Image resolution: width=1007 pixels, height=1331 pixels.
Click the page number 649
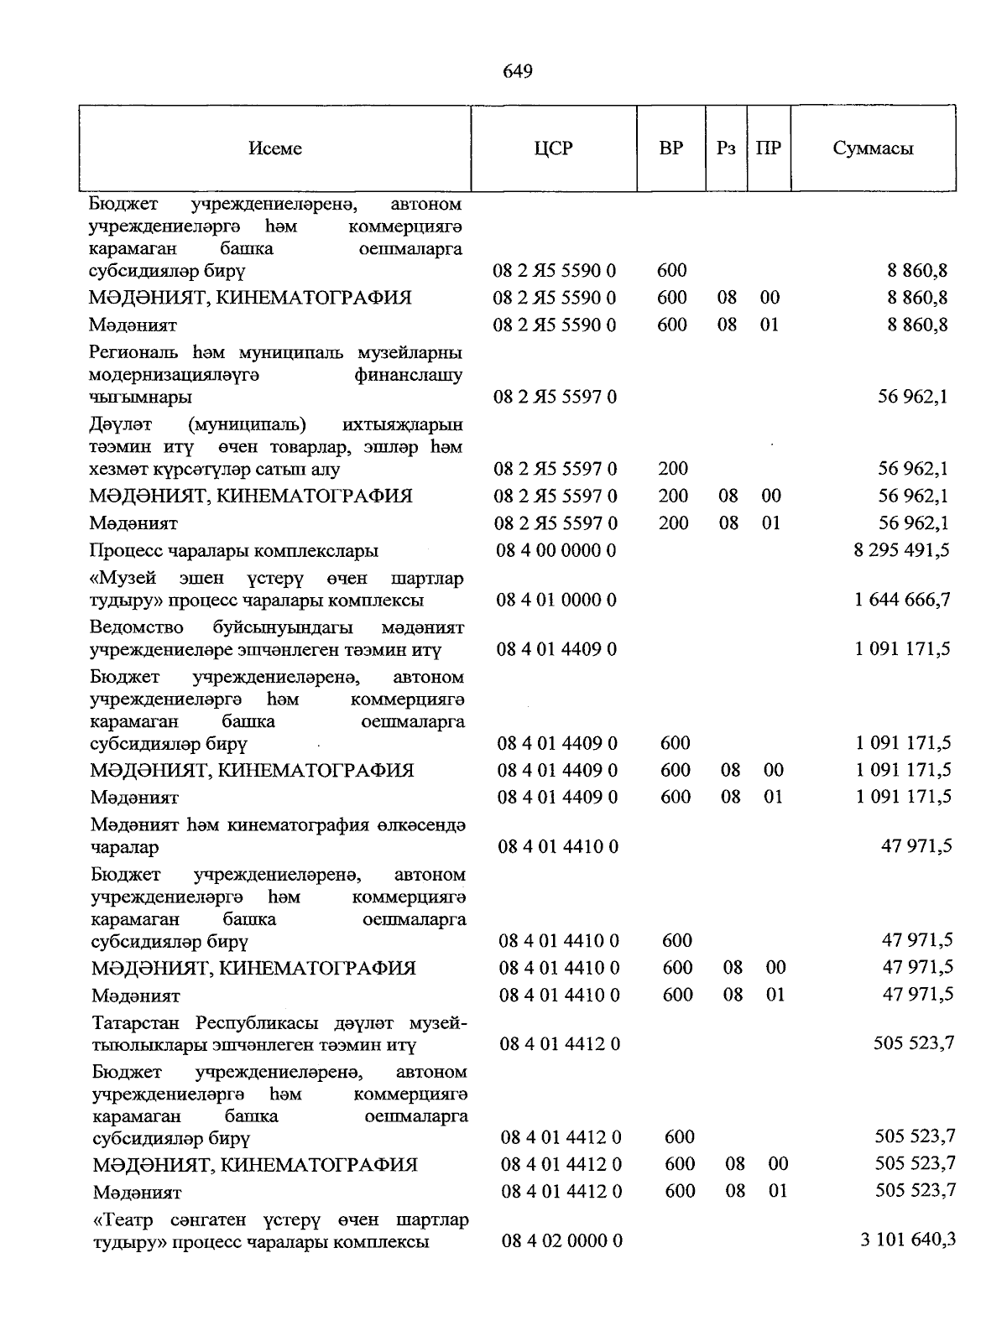(x=518, y=71)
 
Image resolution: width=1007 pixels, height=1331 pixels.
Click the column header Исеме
(x=275, y=148)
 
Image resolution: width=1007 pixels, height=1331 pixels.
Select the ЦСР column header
(x=553, y=148)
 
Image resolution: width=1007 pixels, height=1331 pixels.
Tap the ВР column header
(x=671, y=148)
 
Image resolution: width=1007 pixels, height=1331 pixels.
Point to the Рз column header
(x=727, y=148)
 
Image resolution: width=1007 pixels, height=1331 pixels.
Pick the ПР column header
(x=769, y=148)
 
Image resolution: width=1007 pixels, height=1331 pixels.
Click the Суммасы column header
(x=873, y=148)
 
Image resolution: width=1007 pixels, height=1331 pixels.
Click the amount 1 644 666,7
(x=903, y=600)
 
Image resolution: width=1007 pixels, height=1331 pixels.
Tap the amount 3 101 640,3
(x=908, y=1240)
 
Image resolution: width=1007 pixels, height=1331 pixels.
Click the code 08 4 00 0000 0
(x=556, y=550)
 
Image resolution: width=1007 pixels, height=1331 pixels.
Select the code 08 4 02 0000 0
(x=561, y=1240)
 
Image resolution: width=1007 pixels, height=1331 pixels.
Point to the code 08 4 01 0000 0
(x=557, y=600)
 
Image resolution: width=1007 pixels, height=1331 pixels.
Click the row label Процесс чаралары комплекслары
(x=234, y=551)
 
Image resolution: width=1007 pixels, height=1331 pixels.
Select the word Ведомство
(x=131, y=627)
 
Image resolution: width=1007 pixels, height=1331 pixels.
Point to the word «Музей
(x=122, y=579)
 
